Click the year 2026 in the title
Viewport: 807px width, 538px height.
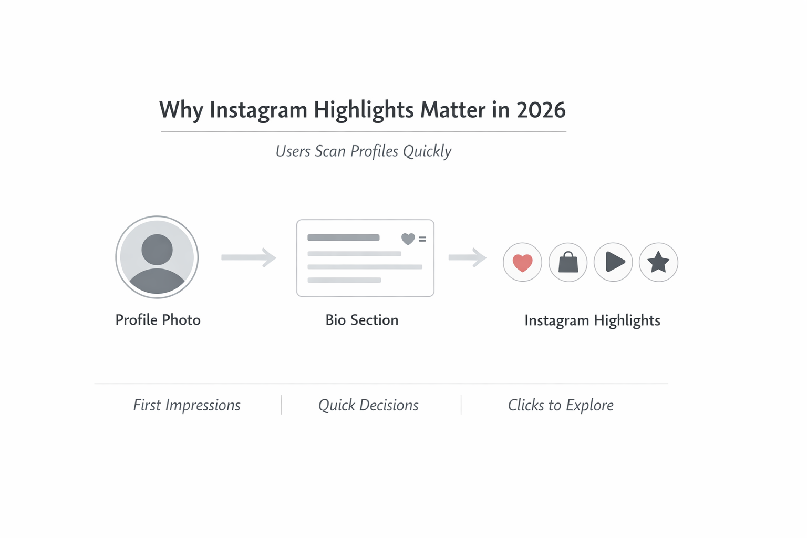pos(541,110)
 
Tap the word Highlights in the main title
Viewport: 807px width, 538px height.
pos(363,110)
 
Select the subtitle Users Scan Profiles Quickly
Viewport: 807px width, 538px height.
pos(363,151)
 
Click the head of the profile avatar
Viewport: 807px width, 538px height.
pos(157,249)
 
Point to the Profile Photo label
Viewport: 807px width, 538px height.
pos(158,320)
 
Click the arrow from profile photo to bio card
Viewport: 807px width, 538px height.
pos(249,257)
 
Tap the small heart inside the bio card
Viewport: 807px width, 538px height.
pos(408,239)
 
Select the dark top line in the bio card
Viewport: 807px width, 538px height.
pos(343,237)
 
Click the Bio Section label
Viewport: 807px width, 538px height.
pos(361,320)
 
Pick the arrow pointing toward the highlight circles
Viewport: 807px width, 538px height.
pos(467,257)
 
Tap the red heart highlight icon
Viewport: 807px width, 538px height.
pos(522,262)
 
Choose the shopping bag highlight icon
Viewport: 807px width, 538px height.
pos(568,262)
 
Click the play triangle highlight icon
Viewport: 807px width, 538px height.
pos(614,262)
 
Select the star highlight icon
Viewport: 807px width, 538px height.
pos(658,262)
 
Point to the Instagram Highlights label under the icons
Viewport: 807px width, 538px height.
pos(592,320)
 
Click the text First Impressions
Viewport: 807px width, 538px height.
pos(187,405)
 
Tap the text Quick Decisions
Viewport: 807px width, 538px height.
pos(368,405)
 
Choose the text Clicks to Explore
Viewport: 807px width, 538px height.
pos(561,405)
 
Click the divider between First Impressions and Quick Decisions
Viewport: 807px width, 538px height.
pos(282,405)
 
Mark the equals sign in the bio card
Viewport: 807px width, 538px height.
pos(422,239)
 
